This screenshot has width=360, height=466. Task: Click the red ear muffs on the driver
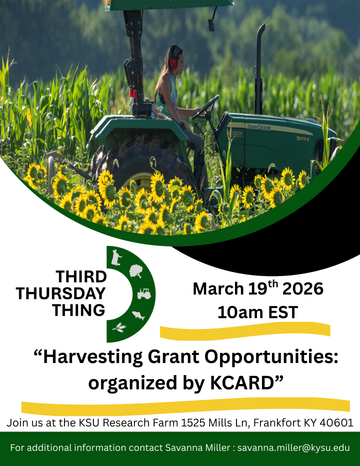click(173, 61)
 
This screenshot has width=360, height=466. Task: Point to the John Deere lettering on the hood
click(258, 127)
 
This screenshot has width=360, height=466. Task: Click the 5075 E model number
click(302, 138)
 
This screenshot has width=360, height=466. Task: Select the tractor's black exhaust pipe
click(259, 69)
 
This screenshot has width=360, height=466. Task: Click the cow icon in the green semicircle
click(116, 257)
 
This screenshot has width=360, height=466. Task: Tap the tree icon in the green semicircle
click(136, 271)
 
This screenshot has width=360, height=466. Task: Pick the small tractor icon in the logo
click(144, 293)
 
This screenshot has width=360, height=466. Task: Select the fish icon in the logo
click(138, 315)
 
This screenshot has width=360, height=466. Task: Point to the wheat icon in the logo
click(119, 326)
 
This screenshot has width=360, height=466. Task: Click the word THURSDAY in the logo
click(61, 293)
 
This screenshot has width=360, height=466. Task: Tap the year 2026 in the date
click(302, 289)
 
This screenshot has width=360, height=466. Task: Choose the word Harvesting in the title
click(93, 357)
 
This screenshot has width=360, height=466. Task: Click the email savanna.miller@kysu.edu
click(293, 447)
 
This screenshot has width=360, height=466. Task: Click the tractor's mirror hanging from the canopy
click(211, 24)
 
